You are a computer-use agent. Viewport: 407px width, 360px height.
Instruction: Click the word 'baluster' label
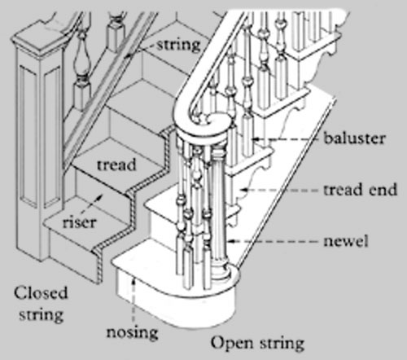(x=354, y=138)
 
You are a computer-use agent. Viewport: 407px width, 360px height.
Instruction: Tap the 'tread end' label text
(x=360, y=189)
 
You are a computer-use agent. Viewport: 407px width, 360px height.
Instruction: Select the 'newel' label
(x=346, y=241)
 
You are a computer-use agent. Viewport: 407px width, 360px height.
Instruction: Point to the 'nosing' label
(x=132, y=332)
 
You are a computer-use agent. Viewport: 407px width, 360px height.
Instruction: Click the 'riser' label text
(x=79, y=222)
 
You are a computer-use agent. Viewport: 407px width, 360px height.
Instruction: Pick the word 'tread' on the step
(x=116, y=165)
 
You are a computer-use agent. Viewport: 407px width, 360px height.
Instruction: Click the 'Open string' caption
(x=257, y=344)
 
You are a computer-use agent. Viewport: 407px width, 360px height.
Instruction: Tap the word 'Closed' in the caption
(x=41, y=293)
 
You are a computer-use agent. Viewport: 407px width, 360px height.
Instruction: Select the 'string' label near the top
(x=179, y=45)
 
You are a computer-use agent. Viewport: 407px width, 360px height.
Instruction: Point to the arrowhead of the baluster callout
(x=255, y=139)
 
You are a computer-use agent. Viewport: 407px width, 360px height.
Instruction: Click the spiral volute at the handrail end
(x=214, y=121)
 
